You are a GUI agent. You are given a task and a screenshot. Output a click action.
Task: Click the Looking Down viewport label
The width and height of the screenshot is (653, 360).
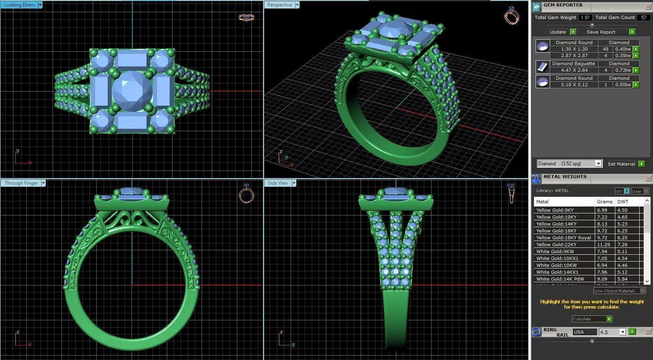[x=19, y=5]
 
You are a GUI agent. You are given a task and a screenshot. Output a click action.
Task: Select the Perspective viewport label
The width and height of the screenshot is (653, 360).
[x=279, y=5]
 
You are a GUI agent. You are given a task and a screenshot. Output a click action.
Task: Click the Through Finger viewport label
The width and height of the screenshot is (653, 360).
[x=21, y=183]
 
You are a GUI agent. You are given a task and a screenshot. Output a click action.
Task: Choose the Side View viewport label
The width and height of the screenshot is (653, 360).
[x=278, y=183]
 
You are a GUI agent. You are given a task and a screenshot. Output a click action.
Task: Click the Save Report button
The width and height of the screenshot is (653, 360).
[x=601, y=32]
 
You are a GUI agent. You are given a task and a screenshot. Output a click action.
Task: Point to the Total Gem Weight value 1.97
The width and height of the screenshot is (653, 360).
[x=585, y=17]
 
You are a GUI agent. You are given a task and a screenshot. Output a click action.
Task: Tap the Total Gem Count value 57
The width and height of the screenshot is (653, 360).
[x=643, y=17]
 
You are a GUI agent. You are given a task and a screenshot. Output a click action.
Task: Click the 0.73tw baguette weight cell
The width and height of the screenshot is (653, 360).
[x=623, y=70]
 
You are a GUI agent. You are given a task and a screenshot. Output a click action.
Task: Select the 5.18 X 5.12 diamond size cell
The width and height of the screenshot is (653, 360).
[x=574, y=85]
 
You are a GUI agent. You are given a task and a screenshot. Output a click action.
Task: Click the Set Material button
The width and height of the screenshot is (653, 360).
[x=621, y=164]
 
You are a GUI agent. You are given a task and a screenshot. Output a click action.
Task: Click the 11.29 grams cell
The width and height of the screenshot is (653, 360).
[x=603, y=245]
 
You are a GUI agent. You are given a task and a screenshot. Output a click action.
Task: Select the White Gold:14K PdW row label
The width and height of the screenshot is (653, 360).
[x=560, y=279]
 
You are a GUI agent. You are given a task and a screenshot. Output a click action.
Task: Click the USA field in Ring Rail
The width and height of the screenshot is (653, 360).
[x=585, y=332]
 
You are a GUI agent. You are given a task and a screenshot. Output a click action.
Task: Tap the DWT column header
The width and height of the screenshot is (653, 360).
[x=623, y=202]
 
